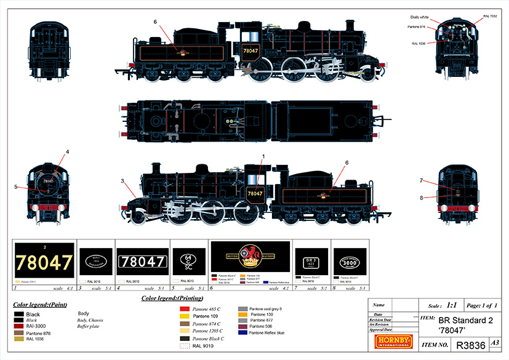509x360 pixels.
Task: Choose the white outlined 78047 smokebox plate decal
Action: click(142, 262)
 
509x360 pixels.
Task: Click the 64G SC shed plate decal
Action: click(189, 260)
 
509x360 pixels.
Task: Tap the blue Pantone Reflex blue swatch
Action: click(242, 332)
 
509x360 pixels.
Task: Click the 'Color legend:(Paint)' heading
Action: click(40, 305)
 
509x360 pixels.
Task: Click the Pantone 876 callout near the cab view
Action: click(418, 27)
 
